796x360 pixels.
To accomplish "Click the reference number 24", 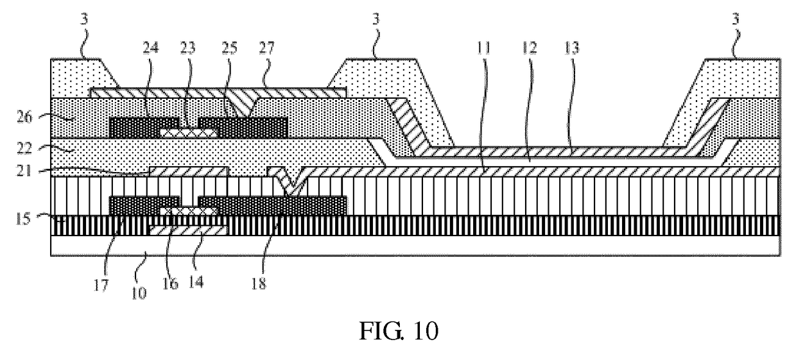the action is point(151,47).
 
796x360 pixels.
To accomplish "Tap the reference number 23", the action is point(187,47).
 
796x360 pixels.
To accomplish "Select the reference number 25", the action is point(229,47).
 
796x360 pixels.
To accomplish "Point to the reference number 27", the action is point(267,47).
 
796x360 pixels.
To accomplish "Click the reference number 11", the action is point(483,48).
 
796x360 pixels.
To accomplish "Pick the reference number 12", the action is point(529,48).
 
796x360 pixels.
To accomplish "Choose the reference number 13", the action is point(572,48).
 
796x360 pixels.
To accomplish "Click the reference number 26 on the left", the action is point(24,117).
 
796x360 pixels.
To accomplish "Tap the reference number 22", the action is point(24,148).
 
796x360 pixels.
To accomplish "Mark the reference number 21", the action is point(24,171).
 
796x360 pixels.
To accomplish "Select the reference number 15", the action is point(23,219).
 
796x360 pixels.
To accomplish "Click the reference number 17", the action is point(101,285).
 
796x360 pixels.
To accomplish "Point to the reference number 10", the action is point(139,293).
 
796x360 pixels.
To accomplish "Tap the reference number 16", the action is point(170,283).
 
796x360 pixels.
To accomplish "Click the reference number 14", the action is point(196,282).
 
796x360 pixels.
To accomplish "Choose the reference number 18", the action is point(259,284).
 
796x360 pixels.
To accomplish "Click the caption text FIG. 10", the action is point(399,331).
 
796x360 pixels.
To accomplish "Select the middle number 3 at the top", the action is point(376,19).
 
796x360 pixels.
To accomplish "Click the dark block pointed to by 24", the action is point(144,128).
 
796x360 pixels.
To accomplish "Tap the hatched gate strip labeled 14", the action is point(188,230).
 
